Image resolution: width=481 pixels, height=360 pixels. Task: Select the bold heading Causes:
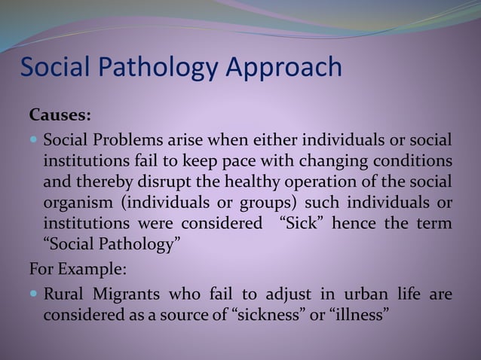[60, 116]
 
